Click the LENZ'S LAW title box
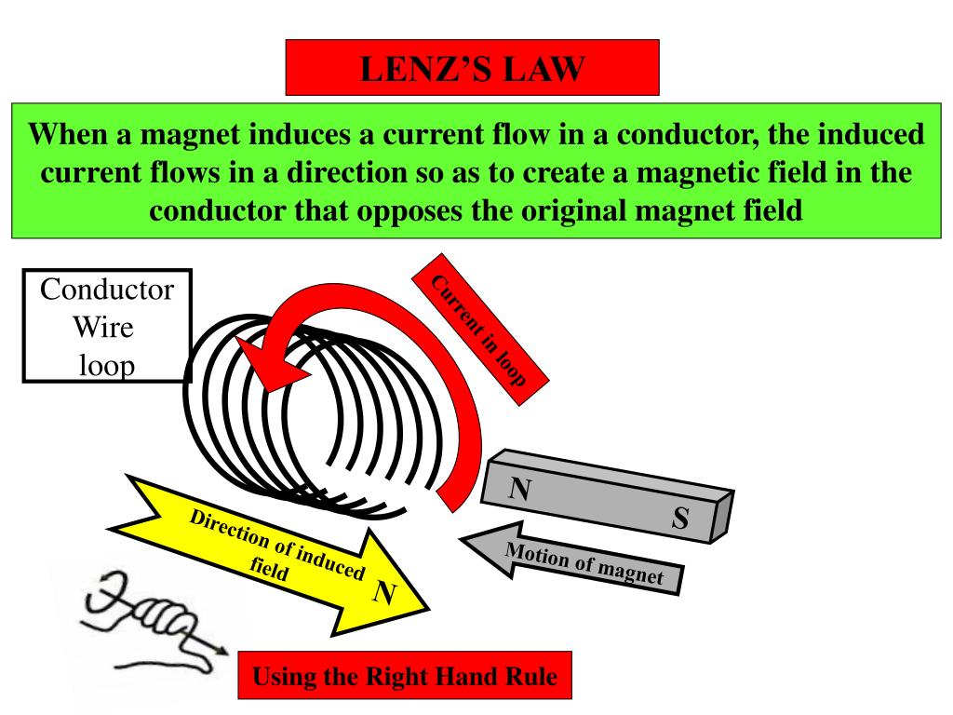point(472,67)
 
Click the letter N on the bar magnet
point(519,489)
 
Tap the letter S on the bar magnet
point(680,518)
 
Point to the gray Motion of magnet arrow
point(571,560)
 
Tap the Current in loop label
point(480,330)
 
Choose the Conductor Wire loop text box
point(107,326)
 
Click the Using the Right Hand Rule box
point(405,676)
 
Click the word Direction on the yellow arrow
point(229,527)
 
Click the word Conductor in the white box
point(107,290)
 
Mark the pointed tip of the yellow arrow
point(429,608)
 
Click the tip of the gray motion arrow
point(460,538)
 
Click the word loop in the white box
point(107,365)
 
